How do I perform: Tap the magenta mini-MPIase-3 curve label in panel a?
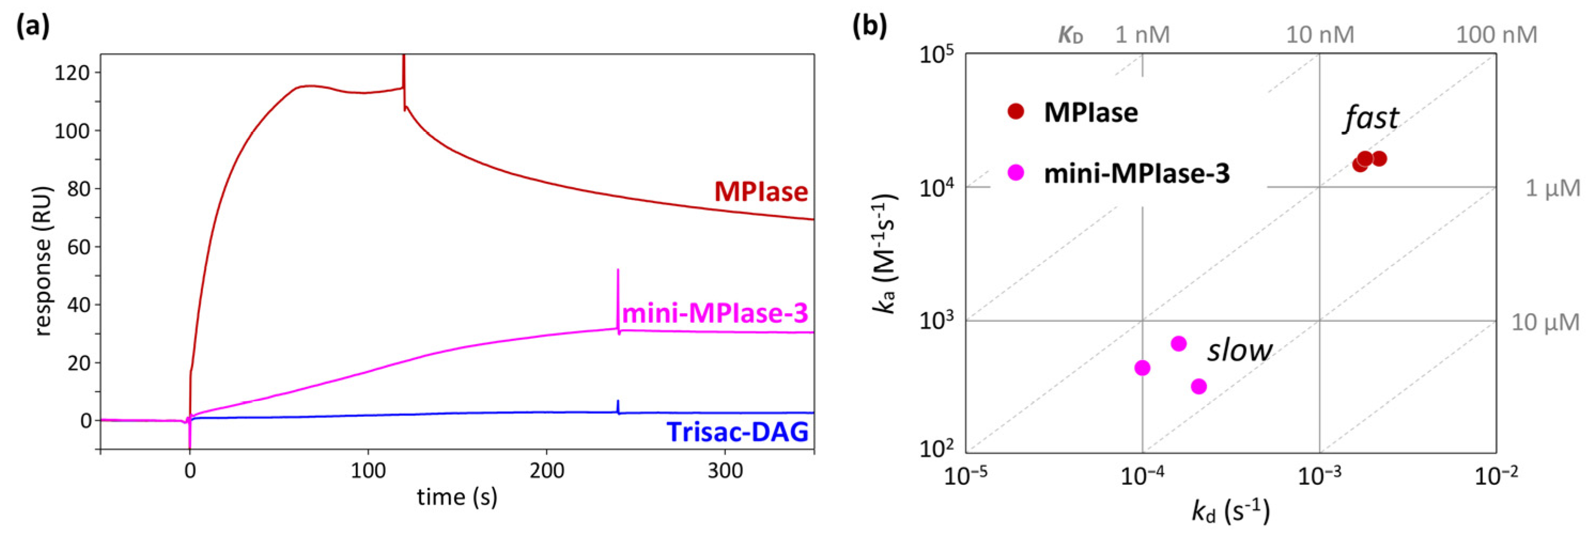pos(715,314)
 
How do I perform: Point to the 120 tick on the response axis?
pos(72,73)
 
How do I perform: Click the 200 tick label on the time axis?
pos(547,471)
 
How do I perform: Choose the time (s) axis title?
pos(457,497)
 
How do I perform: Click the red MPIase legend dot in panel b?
pos(1016,111)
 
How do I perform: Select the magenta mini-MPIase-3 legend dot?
pos(1016,173)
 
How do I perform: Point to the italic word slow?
pos(1239,350)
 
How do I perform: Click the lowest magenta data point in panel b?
pos(1199,386)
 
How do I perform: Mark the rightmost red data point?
pos(1378,159)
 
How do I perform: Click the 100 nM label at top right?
pos(1496,35)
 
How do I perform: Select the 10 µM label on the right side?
pos(1545,322)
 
